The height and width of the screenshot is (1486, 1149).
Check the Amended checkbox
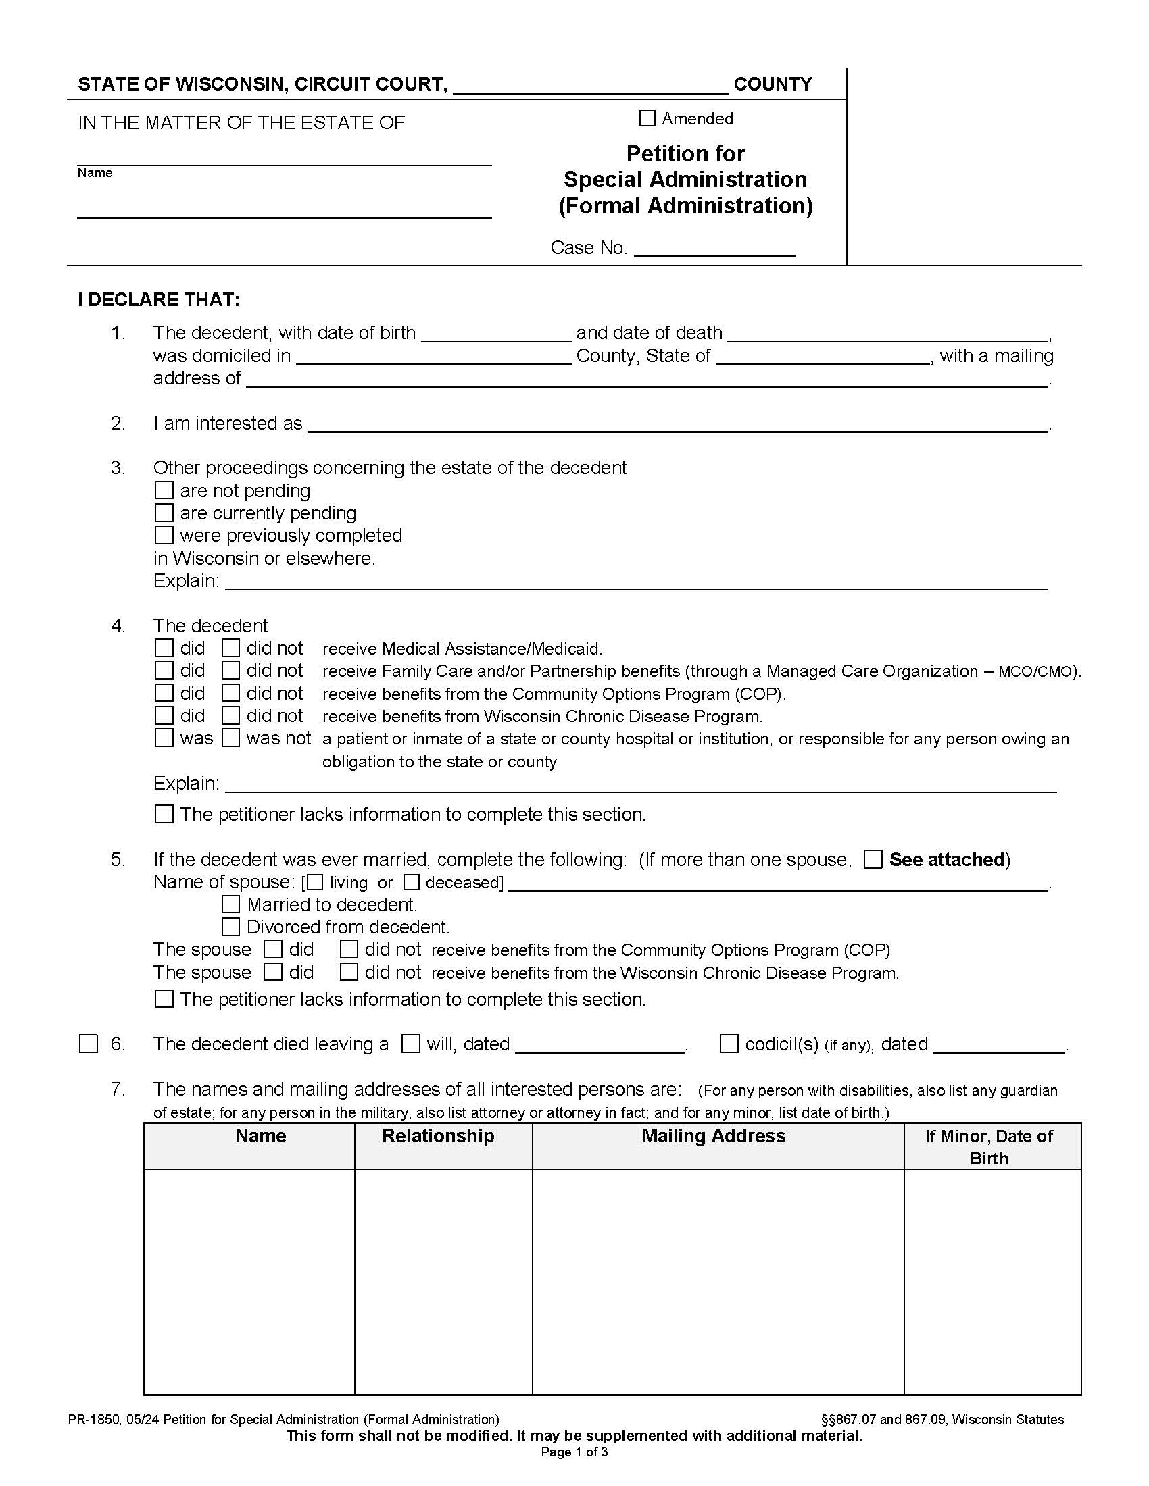tap(647, 118)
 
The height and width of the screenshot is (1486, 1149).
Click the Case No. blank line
tap(714, 249)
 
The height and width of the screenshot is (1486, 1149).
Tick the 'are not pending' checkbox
tap(164, 490)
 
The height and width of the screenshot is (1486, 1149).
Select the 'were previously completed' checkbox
tap(164, 536)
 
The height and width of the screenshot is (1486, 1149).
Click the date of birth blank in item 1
tap(495, 334)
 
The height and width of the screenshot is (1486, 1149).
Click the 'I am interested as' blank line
tap(677, 425)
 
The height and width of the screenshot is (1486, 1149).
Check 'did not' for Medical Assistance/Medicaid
tap(230, 648)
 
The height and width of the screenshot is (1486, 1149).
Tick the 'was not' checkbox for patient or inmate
tap(230, 738)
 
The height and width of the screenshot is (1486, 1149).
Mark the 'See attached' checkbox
tap(873, 859)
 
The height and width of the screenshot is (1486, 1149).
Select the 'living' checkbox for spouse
tap(315, 883)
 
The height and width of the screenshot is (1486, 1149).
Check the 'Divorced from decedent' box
tap(230, 927)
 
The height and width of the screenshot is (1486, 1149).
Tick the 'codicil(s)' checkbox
tap(729, 1044)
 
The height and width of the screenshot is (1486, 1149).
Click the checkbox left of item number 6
tap(89, 1044)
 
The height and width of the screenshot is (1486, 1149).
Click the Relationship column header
tap(438, 1135)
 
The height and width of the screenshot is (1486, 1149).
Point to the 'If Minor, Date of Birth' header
tap(988, 1146)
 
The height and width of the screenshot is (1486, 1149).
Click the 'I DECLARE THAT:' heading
tap(159, 300)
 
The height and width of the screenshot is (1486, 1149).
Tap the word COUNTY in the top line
tap(773, 84)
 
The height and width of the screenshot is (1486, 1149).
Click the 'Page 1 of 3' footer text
tap(574, 1452)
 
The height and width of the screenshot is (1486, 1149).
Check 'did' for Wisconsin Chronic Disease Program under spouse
tap(273, 972)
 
